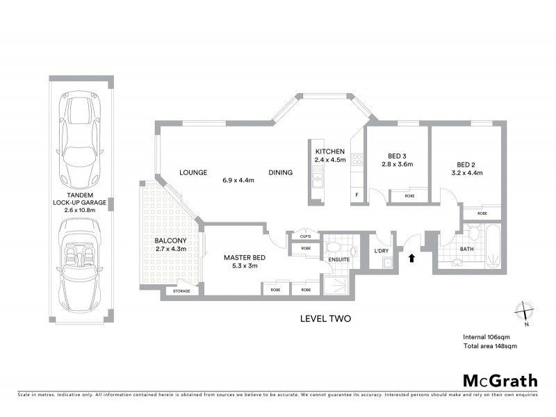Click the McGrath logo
pyautogui.click(x=500, y=380)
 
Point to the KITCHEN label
pyautogui.click(x=330, y=152)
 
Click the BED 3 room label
pyautogui.click(x=397, y=156)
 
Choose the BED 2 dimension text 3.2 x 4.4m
pyautogui.click(x=466, y=172)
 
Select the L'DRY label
pyautogui.click(x=382, y=250)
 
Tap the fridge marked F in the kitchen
pyautogui.click(x=358, y=195)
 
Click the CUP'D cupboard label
pyautogui.click(x=305, y=236)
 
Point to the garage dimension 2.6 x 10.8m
pyautogui.click(x=81, y=208)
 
